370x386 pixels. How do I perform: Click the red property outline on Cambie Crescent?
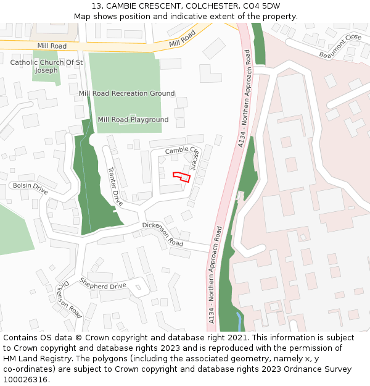(x=181, y=177)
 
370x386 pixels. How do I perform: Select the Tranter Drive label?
(x=115, y=186)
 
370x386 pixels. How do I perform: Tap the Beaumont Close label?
(x=340, y=47)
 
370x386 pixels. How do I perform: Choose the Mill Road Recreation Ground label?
(x=126, y=93)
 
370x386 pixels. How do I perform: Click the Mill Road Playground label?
(x=133, y=119)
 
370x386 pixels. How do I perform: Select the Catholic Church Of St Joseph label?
(x=46, y=66)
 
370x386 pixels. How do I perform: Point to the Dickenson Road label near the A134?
(x=163, y=235)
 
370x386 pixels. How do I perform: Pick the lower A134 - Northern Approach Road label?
(x=215, y=275)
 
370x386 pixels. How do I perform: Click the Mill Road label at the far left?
(x=52, y=46)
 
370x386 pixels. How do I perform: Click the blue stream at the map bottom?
(x=239, y=321)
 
